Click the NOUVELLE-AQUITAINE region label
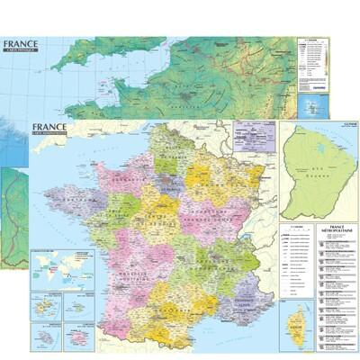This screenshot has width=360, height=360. click(126, 270)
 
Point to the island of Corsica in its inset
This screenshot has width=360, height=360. click(296, 324)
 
